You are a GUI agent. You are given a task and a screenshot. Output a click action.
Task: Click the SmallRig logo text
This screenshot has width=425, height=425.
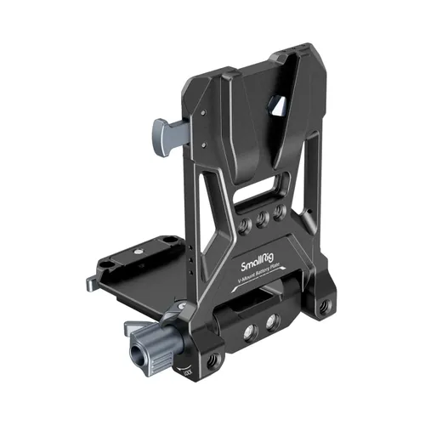pos(256,265)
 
